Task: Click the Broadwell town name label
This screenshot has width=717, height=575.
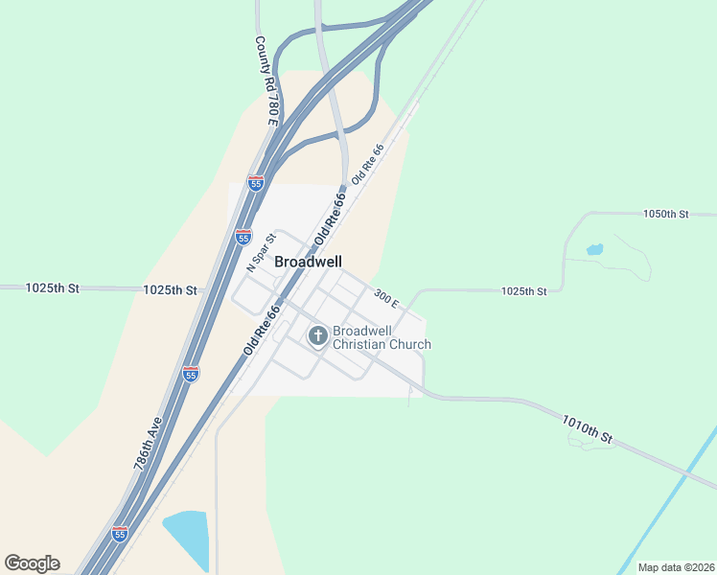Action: (308, 261)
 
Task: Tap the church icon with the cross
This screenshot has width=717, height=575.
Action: (317, 336)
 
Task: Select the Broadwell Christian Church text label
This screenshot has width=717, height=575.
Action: (382, 338)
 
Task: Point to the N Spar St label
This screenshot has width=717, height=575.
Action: (261, 252)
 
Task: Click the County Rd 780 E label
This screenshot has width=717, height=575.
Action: (266, 81)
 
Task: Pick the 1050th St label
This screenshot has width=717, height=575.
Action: (666, 214)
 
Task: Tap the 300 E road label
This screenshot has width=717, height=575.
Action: (386, 299)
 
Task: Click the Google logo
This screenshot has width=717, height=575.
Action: (32, 563)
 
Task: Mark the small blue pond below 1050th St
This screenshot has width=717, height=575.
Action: (594, 249)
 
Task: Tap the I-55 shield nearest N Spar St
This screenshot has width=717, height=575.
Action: (243, 235)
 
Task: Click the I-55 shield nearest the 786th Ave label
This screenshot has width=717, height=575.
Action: (191, 374)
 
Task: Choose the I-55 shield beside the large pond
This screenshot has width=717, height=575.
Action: (120, 532)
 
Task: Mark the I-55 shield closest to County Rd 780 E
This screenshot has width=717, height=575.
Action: (255, 182)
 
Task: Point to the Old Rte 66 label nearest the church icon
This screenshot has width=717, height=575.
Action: (262, 331)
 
